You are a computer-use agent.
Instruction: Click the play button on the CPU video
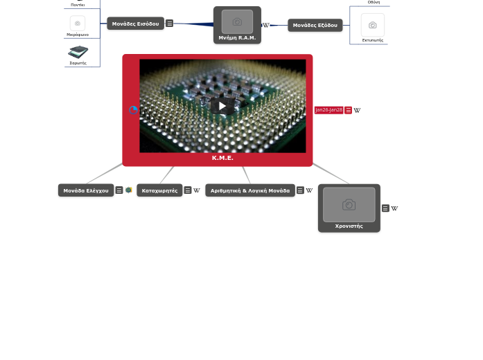(x=222, y=106)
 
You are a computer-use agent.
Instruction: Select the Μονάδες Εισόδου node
(x=135, y=24)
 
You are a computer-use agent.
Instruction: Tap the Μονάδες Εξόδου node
(x=315, y=26)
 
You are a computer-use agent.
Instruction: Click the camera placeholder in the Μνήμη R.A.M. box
(x=237, y=21)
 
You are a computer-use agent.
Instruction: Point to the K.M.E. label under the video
(x=222, y=158)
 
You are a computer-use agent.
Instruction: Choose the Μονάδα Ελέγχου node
(x=86, y=190)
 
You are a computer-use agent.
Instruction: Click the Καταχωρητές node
(x=159, y=190)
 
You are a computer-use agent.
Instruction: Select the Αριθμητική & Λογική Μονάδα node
(x=250, y=190)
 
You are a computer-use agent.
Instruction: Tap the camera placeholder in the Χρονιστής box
(x=349, y=205)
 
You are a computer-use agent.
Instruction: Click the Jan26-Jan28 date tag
(x=328, y=110)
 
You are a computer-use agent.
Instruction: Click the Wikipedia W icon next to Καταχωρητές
(x=197, y=190)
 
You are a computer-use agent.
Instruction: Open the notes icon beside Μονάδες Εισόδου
(x=169, y=24)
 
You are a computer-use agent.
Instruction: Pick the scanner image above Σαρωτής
(x=78, y=52)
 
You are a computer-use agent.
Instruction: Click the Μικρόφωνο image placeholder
(x=78, y=24)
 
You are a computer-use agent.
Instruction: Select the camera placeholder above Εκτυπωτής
(x=372, y=26)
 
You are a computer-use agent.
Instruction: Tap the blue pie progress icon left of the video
(x=133, y=110)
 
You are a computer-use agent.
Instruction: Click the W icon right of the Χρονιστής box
(x=394, y=208)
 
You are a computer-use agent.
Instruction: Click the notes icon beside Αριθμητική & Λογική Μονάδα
(x=300, y=190)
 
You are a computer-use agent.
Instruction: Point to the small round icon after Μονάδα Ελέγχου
(x=129, y=190)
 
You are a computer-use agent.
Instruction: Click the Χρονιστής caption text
(x=349, y=226)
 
